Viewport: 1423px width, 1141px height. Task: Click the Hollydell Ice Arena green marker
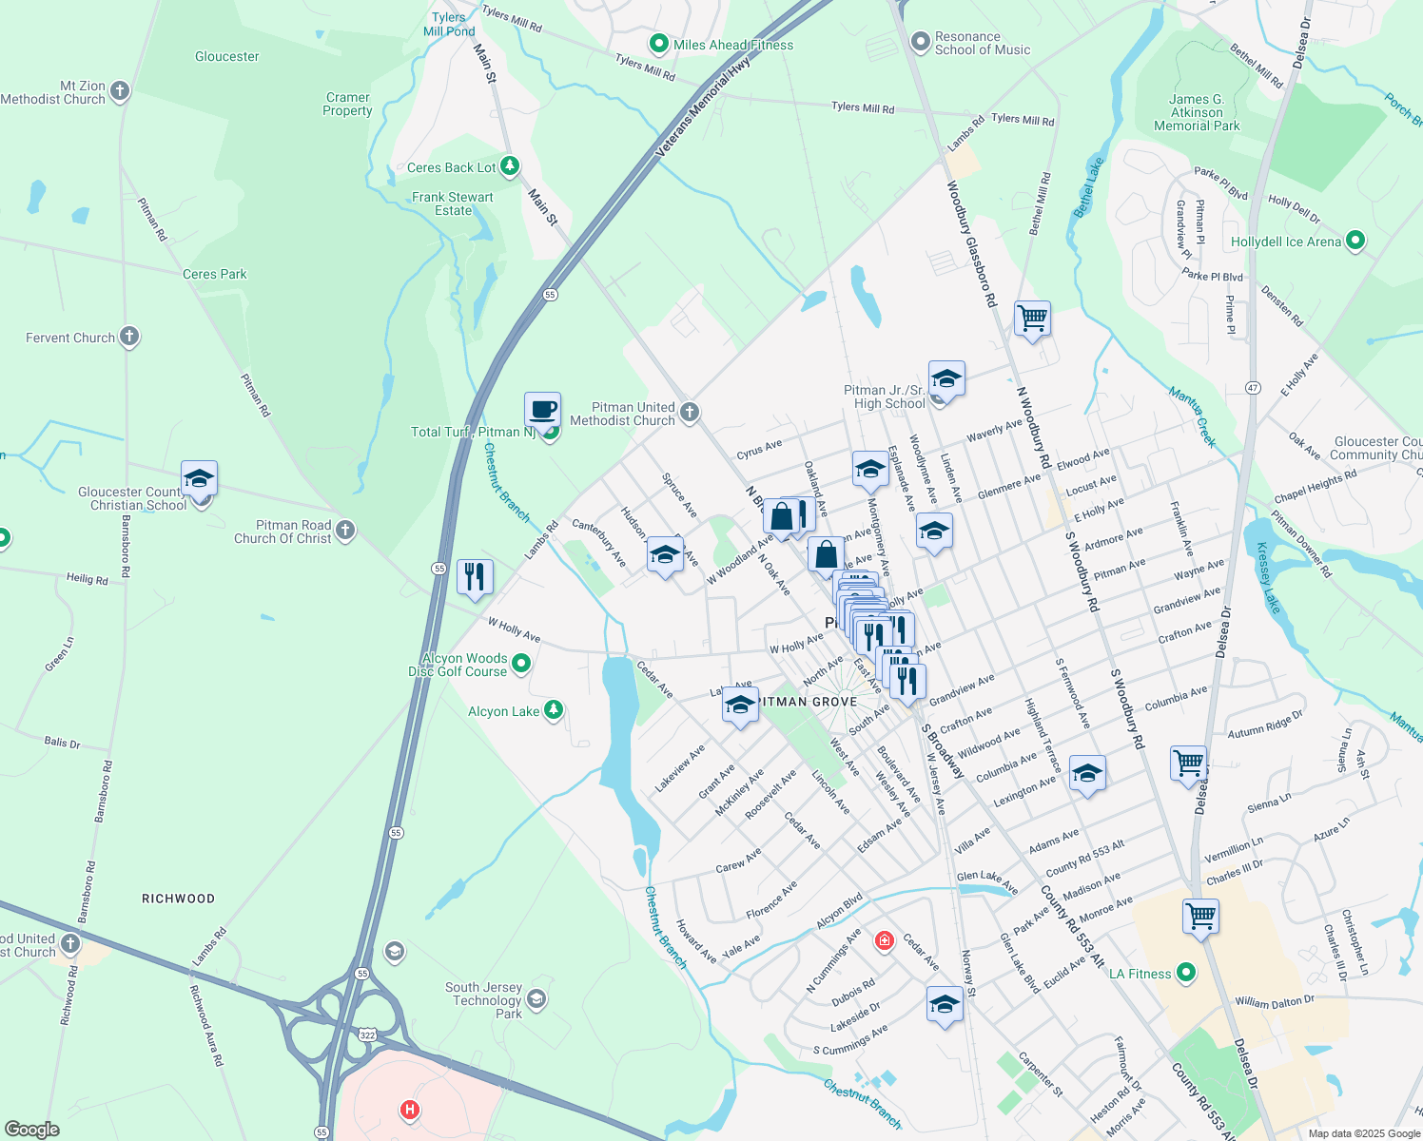[1355, 242]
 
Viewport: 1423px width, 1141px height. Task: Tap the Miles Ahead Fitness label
[732, 45]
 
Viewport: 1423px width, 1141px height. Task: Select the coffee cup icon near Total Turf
[542, 411]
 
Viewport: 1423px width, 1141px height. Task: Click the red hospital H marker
[410, 1109]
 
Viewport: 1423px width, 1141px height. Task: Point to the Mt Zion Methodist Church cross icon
[120, 91]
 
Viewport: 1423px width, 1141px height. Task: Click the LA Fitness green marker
[1185, 973]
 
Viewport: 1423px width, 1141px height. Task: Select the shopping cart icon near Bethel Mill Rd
[1032, 318]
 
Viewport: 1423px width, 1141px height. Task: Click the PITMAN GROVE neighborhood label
[808, 702]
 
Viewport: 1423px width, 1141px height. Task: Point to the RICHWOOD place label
[178, 899]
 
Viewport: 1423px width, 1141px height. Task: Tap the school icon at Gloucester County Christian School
[199, 479]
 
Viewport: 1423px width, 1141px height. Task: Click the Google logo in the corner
[31, 1130]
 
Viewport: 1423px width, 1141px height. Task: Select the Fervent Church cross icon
[129, 337]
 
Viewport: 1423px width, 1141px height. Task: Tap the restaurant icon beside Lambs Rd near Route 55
[474, 576]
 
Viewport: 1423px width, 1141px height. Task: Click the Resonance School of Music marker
[920, 42]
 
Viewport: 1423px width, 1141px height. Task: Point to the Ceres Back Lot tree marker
[510, 166]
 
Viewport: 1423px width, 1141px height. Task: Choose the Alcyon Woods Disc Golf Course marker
[520, 664]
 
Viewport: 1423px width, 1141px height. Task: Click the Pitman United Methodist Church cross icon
[691, 412]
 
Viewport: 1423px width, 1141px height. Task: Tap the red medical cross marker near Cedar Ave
[885, 941]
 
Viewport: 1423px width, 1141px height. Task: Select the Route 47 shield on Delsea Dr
[1253, 388]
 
